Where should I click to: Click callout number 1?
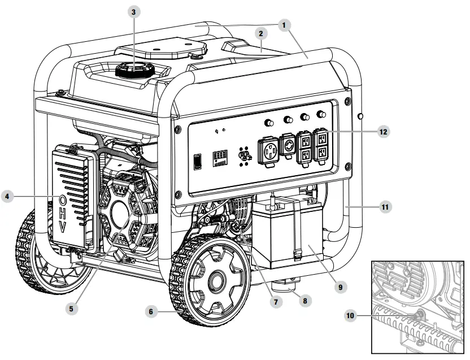point(285,24)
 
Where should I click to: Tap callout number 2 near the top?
point(261,34)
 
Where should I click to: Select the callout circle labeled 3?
point(133,12)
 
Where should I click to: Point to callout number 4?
point(7,197)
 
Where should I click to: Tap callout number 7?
point(276,302)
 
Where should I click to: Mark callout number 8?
point(304,301)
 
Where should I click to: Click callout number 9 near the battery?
point(339,287)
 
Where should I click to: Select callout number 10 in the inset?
point(351,315)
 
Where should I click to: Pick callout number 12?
point(384,131)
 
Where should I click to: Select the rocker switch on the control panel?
point(198,162)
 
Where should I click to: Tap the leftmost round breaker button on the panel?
point(269,123)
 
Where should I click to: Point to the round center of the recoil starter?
point(120,215)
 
